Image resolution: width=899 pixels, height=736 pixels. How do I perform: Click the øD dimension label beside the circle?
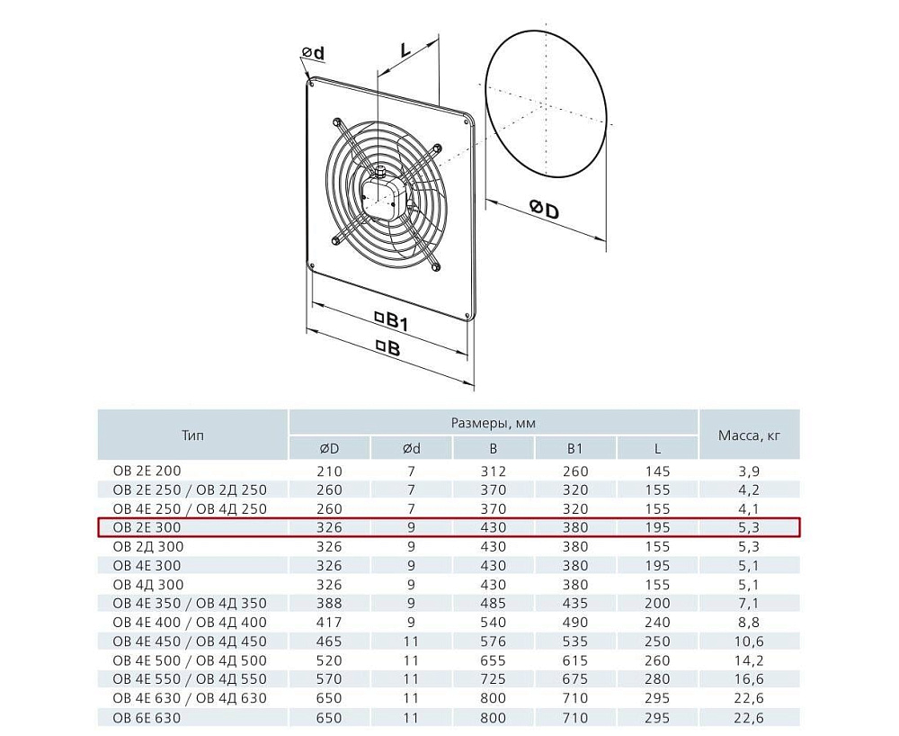click(544, 210)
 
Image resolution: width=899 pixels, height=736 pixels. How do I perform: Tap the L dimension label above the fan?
click(405, 49)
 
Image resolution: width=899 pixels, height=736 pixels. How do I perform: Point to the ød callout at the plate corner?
click(313, 53)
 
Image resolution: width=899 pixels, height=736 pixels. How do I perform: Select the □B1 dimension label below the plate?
click(391, 321)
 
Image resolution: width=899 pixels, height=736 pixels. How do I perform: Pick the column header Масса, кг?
click(749, 435)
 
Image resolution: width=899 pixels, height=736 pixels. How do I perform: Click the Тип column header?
click(192, 435)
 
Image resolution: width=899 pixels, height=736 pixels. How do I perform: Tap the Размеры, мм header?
click(493, 424)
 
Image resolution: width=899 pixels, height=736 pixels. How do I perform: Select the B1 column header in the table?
click(575, 449)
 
